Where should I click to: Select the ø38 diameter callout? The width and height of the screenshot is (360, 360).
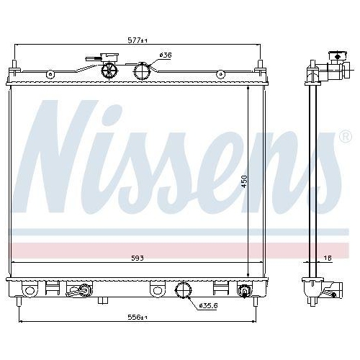coord(165,55)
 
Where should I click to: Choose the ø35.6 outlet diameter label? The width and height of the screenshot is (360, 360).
coord(207,305)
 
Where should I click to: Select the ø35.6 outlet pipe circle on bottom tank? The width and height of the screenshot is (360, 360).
coord(184,292)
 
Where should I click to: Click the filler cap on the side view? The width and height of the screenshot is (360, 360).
coord(336,56)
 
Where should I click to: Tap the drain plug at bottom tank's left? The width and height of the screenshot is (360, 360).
coord(79,291)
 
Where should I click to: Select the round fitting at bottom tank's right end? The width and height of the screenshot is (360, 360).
coord(244,291)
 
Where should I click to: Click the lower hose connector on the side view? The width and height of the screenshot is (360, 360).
coord(331,291)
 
